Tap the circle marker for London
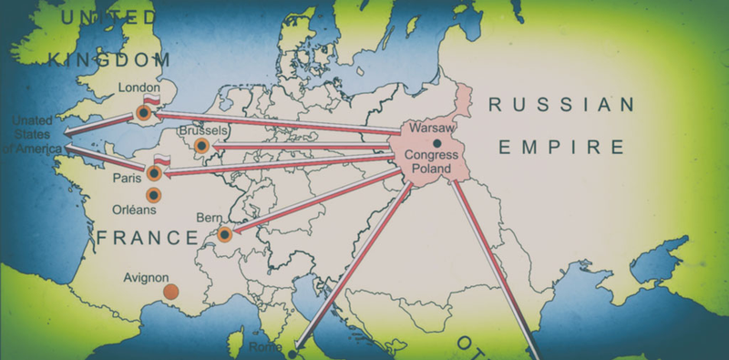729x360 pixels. point(143,113)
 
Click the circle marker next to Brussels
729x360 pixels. point(201,146)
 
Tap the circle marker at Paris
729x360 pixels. point(153,173)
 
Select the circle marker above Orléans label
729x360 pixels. point(153,194)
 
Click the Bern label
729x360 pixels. point(209,218)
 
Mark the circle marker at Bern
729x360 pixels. point(224,236)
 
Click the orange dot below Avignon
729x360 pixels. point(170,292)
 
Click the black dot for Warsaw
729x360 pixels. point(438,143)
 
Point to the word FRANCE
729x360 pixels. point(146,239)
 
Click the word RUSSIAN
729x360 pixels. point(560,105)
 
